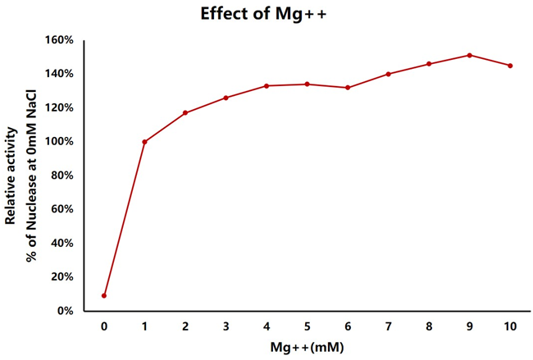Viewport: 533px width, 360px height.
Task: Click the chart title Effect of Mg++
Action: click(x=266, y=14)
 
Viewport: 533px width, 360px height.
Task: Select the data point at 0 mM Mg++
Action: click(x=104, y=295)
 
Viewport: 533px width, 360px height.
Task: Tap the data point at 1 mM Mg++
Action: click(x=145, y=142)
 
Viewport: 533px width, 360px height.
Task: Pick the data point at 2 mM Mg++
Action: click(x=185, y=112)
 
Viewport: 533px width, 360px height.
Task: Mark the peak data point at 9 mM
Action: click(x=469, y=55)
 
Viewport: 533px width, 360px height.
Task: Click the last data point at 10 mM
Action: click(x=510, y=66)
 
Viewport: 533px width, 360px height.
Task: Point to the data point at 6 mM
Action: click(x=348, y=88)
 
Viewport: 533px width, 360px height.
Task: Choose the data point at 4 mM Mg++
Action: click(x=266, y=85)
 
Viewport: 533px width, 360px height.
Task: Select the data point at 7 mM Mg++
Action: click(x=388, y=74)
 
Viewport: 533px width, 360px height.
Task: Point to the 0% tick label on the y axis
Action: click(x=66, y=311)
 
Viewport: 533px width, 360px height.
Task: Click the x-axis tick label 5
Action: click(x=307, y=326)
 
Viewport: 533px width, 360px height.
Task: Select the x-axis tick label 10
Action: click(x=510, y=326)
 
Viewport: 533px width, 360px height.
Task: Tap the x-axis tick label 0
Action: click(x=104, y=326)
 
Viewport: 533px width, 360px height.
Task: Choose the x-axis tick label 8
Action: click(x=429, y=326)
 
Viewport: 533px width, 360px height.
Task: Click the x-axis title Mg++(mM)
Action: click(x=307, y=347)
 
